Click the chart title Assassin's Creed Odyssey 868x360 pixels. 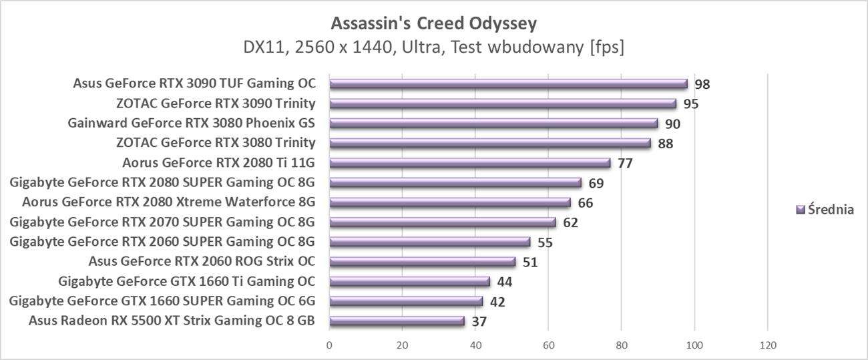pyautogui.click(x=433, y=23)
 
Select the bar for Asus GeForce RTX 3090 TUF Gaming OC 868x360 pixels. pyautogui.click(x=508, y=84)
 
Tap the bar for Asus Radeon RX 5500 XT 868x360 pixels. pyautogui.click(x=397, y=321)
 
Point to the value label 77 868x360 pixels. pyautogui.click(x=625, y=163)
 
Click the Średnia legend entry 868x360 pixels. pyautogui.click(x=825, y=210)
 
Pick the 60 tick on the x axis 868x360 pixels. pyautogui.click(x=548, y=345)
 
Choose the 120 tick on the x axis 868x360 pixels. pyautogui.click(x=767, y=345)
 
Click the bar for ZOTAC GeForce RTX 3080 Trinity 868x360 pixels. pyautogui.click(x=489, y=143)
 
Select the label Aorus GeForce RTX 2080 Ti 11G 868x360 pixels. pyautogui.click(x=219, y=162)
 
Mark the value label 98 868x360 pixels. pyautogui.click(x=702, y=84)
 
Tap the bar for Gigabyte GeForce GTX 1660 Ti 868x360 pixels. pyautogui.click(x=409, y=282)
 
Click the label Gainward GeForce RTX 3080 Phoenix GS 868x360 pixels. pyautogui.click(x=192, y=123)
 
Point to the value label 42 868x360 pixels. pyautogui.click(x=497, y=302)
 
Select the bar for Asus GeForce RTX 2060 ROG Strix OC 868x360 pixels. pyautogui.click(x=422, y=262)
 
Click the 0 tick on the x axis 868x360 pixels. pyautogui.click(x=329, y=345)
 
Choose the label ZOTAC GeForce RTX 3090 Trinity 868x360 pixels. pyautogui.click(x=216, y=104)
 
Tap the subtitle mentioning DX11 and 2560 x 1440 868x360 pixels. pyautogui.click(x=433, y=47)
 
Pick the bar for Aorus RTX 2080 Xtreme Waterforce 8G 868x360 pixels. pyautogui.click(x=449, y=202)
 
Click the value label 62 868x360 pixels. pyautogui.click(x=570, y=222)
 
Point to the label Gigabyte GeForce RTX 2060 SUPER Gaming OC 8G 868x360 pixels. pyautogui.click(x=162, y=242)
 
